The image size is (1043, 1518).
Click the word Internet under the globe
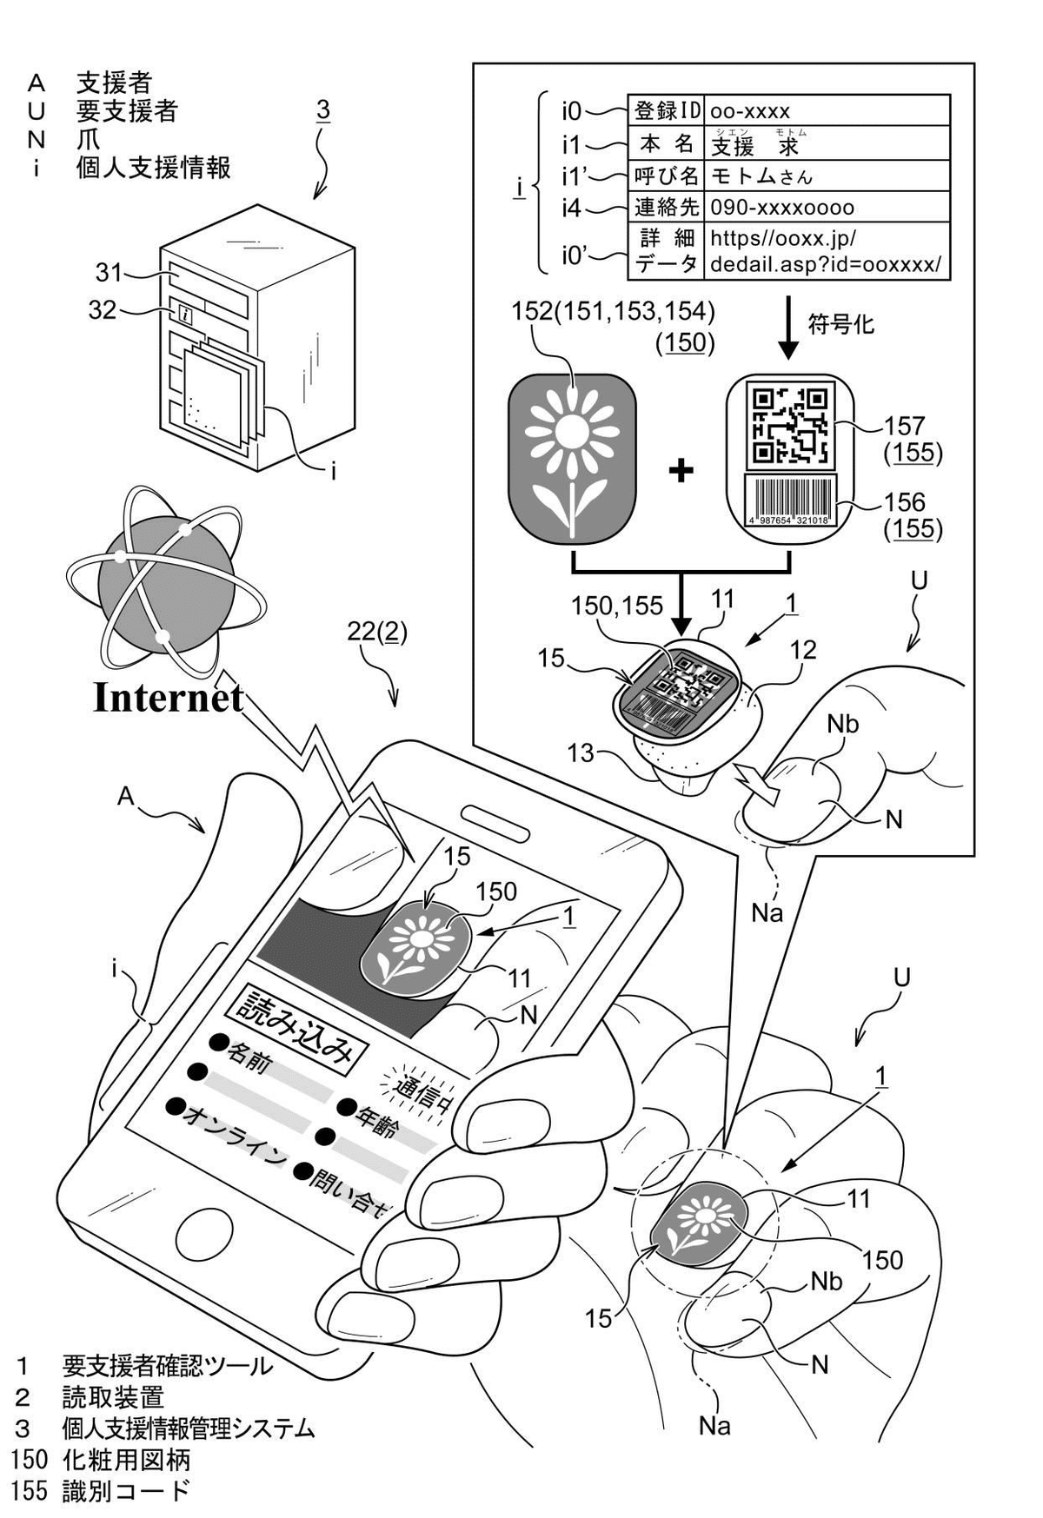168,697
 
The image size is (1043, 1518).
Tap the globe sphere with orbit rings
161,579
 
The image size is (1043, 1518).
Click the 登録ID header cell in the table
667,111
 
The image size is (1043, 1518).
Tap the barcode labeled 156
789,500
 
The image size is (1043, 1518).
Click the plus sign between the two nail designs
681,470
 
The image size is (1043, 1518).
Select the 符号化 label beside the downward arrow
840,325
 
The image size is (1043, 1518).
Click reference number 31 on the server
109,273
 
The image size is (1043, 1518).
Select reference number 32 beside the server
103,310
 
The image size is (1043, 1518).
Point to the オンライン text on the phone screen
231,1132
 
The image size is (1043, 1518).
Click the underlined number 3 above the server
322,111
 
